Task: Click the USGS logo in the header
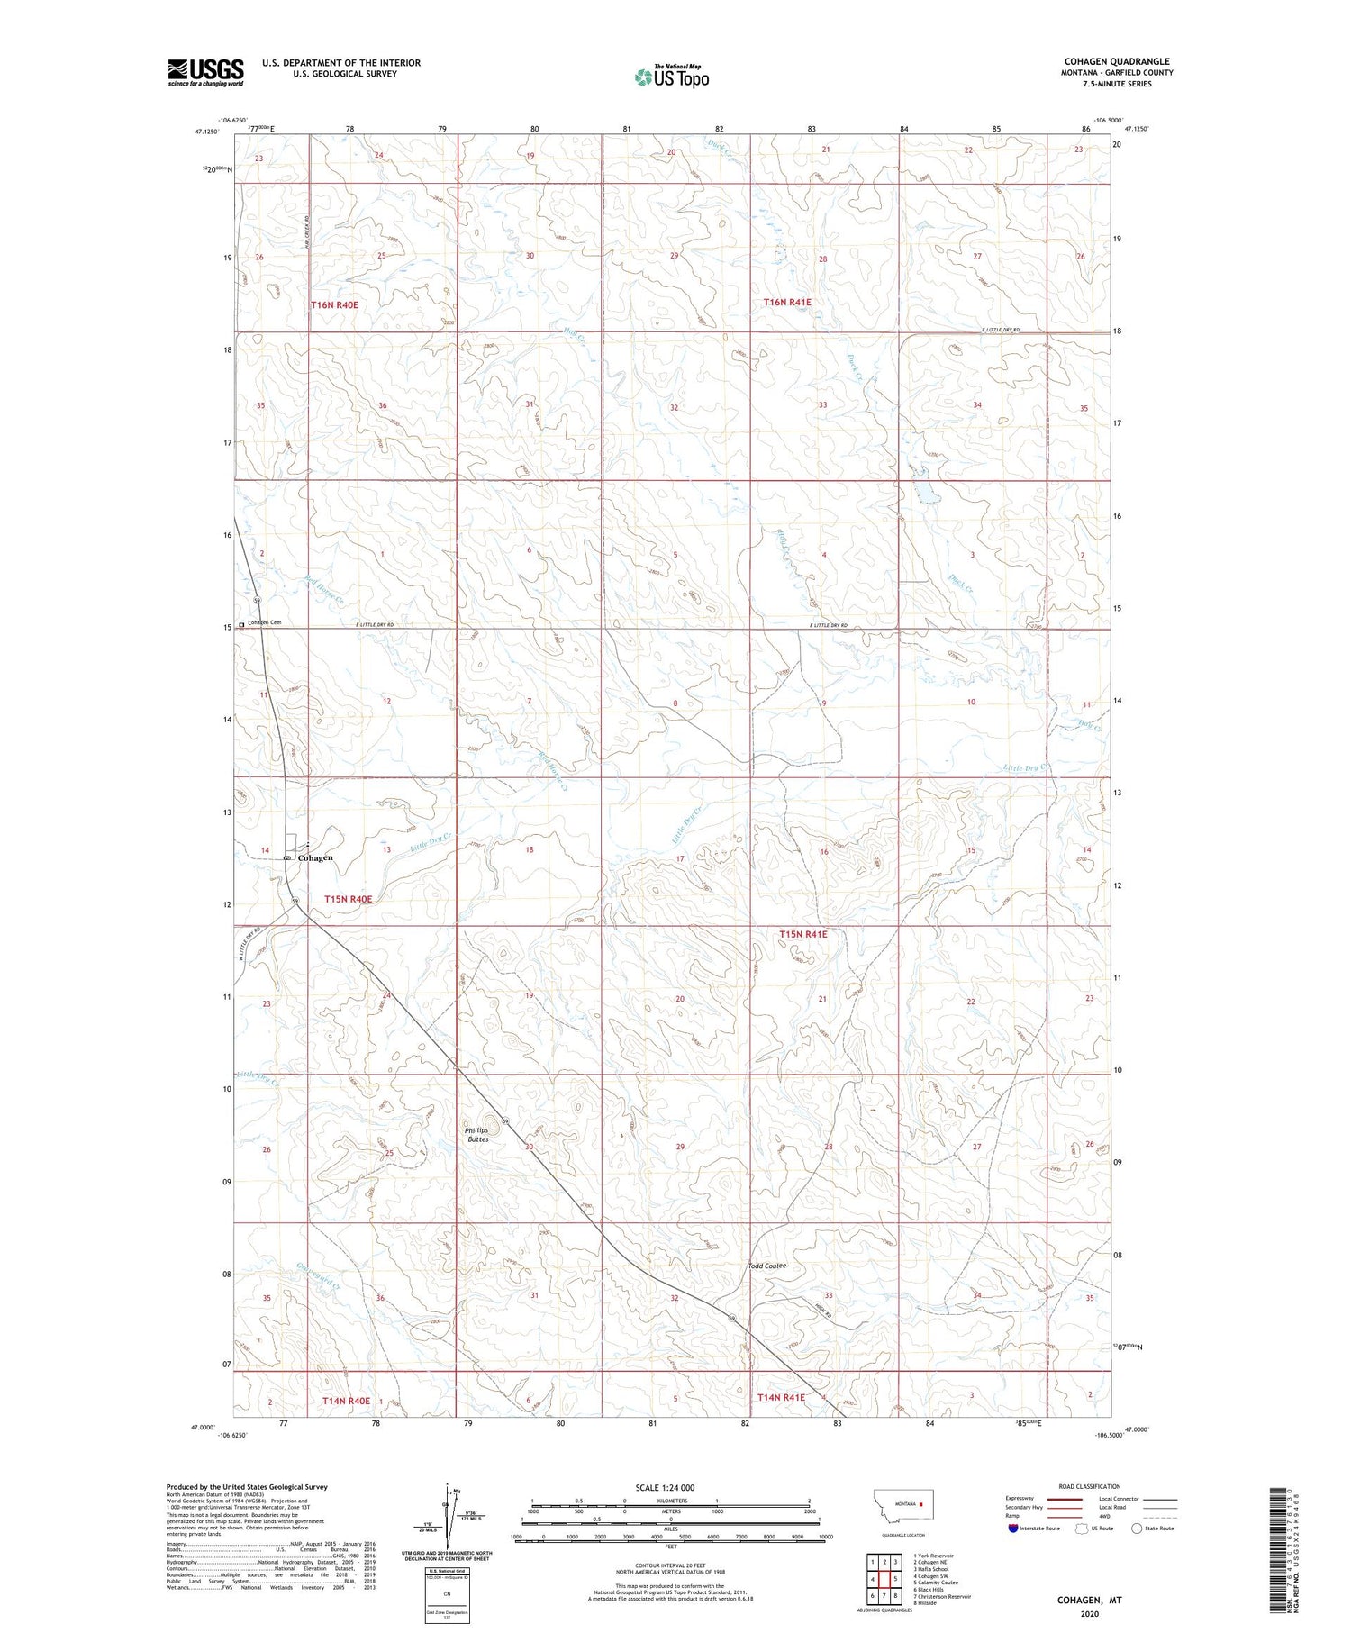tap(205, 72)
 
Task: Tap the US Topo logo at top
tap(671, 77)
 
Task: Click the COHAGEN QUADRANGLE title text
tap(1117, 61)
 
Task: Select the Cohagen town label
tap(315, 857)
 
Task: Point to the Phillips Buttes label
tap(476, 1134)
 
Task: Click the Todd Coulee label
tap(767, 1266)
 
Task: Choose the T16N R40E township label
tap(334, 305)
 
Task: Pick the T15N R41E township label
tap(802, 935)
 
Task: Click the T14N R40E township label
tap(346, 1401)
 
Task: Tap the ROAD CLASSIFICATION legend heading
tap(1090, 1486)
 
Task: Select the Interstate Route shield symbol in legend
tap(1014, 1528)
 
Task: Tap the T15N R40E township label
tap(348, 899)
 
